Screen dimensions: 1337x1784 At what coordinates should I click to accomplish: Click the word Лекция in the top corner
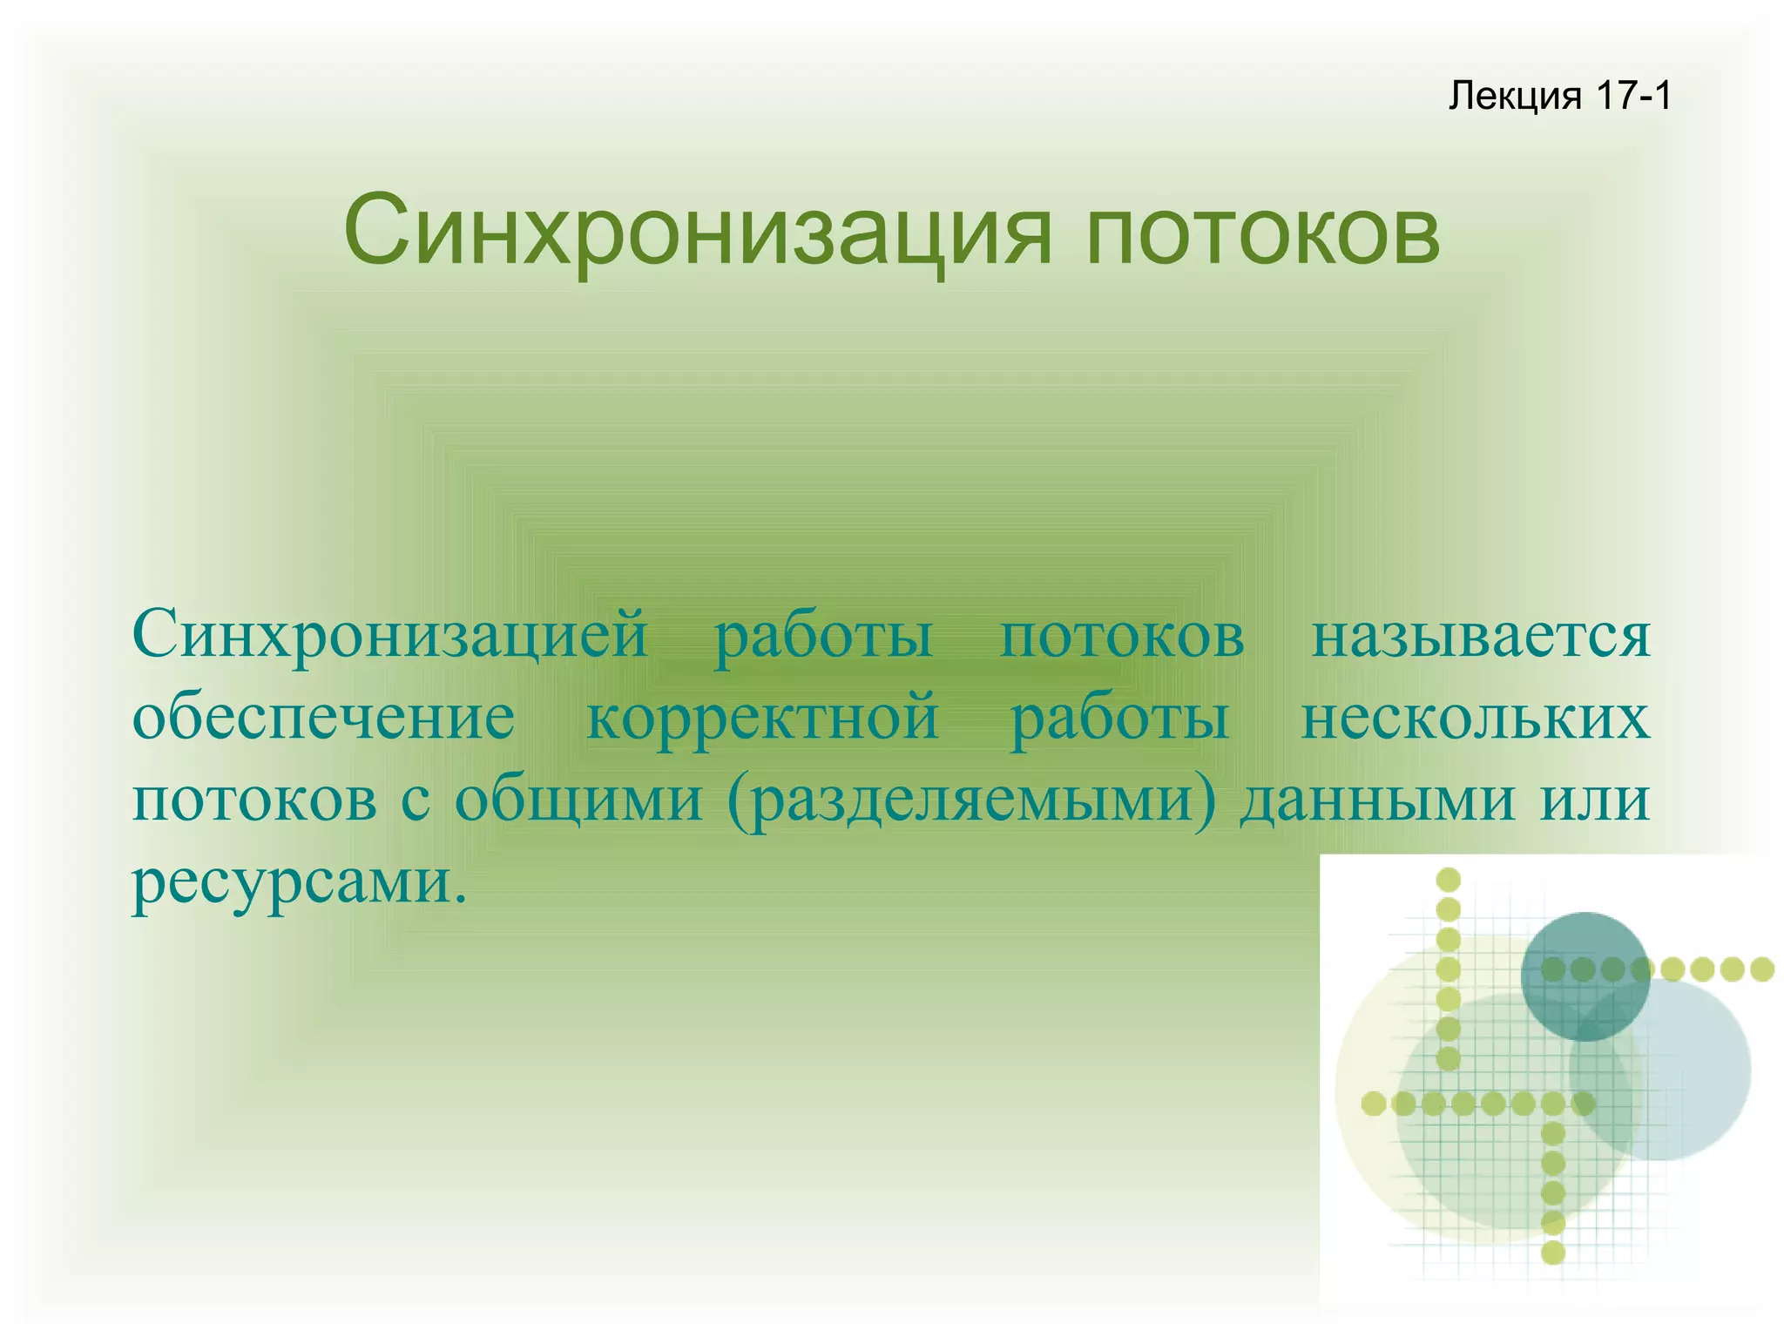point(1514,96)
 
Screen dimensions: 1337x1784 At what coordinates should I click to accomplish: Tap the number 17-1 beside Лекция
point(1634,96)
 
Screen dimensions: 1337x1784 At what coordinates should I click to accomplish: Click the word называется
point(1481,636)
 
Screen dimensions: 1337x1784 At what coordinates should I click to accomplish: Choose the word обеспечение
point(323,719)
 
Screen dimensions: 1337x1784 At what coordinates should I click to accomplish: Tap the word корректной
point(762,718)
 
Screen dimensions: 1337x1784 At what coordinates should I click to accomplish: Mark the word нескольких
point(1475,718)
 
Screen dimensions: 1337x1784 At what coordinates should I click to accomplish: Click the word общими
point(578,800)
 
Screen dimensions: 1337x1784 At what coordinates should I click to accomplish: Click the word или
point(1595,800)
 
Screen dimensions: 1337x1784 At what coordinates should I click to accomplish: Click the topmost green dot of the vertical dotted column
point(1448,880)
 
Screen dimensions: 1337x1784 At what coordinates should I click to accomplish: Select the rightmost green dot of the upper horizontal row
point(1762,969)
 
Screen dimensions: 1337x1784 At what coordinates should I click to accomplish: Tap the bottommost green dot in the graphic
point(1553,1253)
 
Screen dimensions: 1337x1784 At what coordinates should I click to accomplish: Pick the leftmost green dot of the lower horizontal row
point(1374,1104)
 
